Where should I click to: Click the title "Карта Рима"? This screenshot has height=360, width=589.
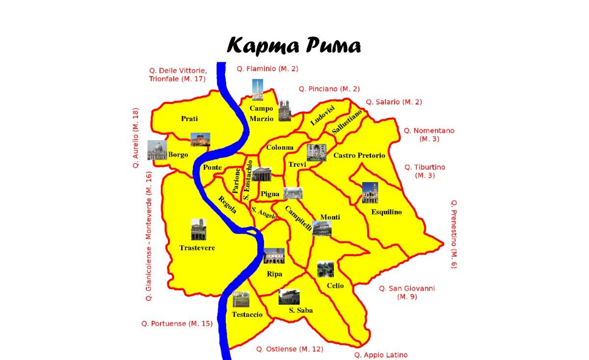(x=294, y=46)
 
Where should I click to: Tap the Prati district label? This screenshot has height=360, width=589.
(x=189, y=119)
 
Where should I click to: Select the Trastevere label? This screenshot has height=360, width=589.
(x=197, y=248)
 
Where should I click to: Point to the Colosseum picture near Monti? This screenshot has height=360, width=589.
(x=322, y=229)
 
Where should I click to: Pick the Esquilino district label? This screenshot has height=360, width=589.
(x=387, y=212)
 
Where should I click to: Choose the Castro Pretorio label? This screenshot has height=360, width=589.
(x=359, y=155)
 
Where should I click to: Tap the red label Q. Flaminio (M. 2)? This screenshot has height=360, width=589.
(x=268, y=69)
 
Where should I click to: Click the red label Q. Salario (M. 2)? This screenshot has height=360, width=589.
(x=394, y=102)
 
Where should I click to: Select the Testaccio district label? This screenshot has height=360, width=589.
(x=247, y=314)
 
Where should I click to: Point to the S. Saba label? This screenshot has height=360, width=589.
(x=301, y=310)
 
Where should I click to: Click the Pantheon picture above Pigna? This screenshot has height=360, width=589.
(x=262, y=174)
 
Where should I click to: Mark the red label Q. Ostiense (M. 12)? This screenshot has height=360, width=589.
(x=290, y=349)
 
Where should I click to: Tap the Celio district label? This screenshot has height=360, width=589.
(x=335, y=285)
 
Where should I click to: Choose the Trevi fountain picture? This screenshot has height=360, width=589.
(x=316, y=153)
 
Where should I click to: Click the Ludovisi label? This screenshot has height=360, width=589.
(x=322, y=115)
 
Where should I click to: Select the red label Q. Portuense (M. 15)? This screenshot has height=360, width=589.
(x=177, y=324)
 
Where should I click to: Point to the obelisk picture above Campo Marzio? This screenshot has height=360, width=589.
(x=258, y=90)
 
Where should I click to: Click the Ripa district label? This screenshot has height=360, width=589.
(x=274, y=274)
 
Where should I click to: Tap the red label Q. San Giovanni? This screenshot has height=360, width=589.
(x=407, y=288)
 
